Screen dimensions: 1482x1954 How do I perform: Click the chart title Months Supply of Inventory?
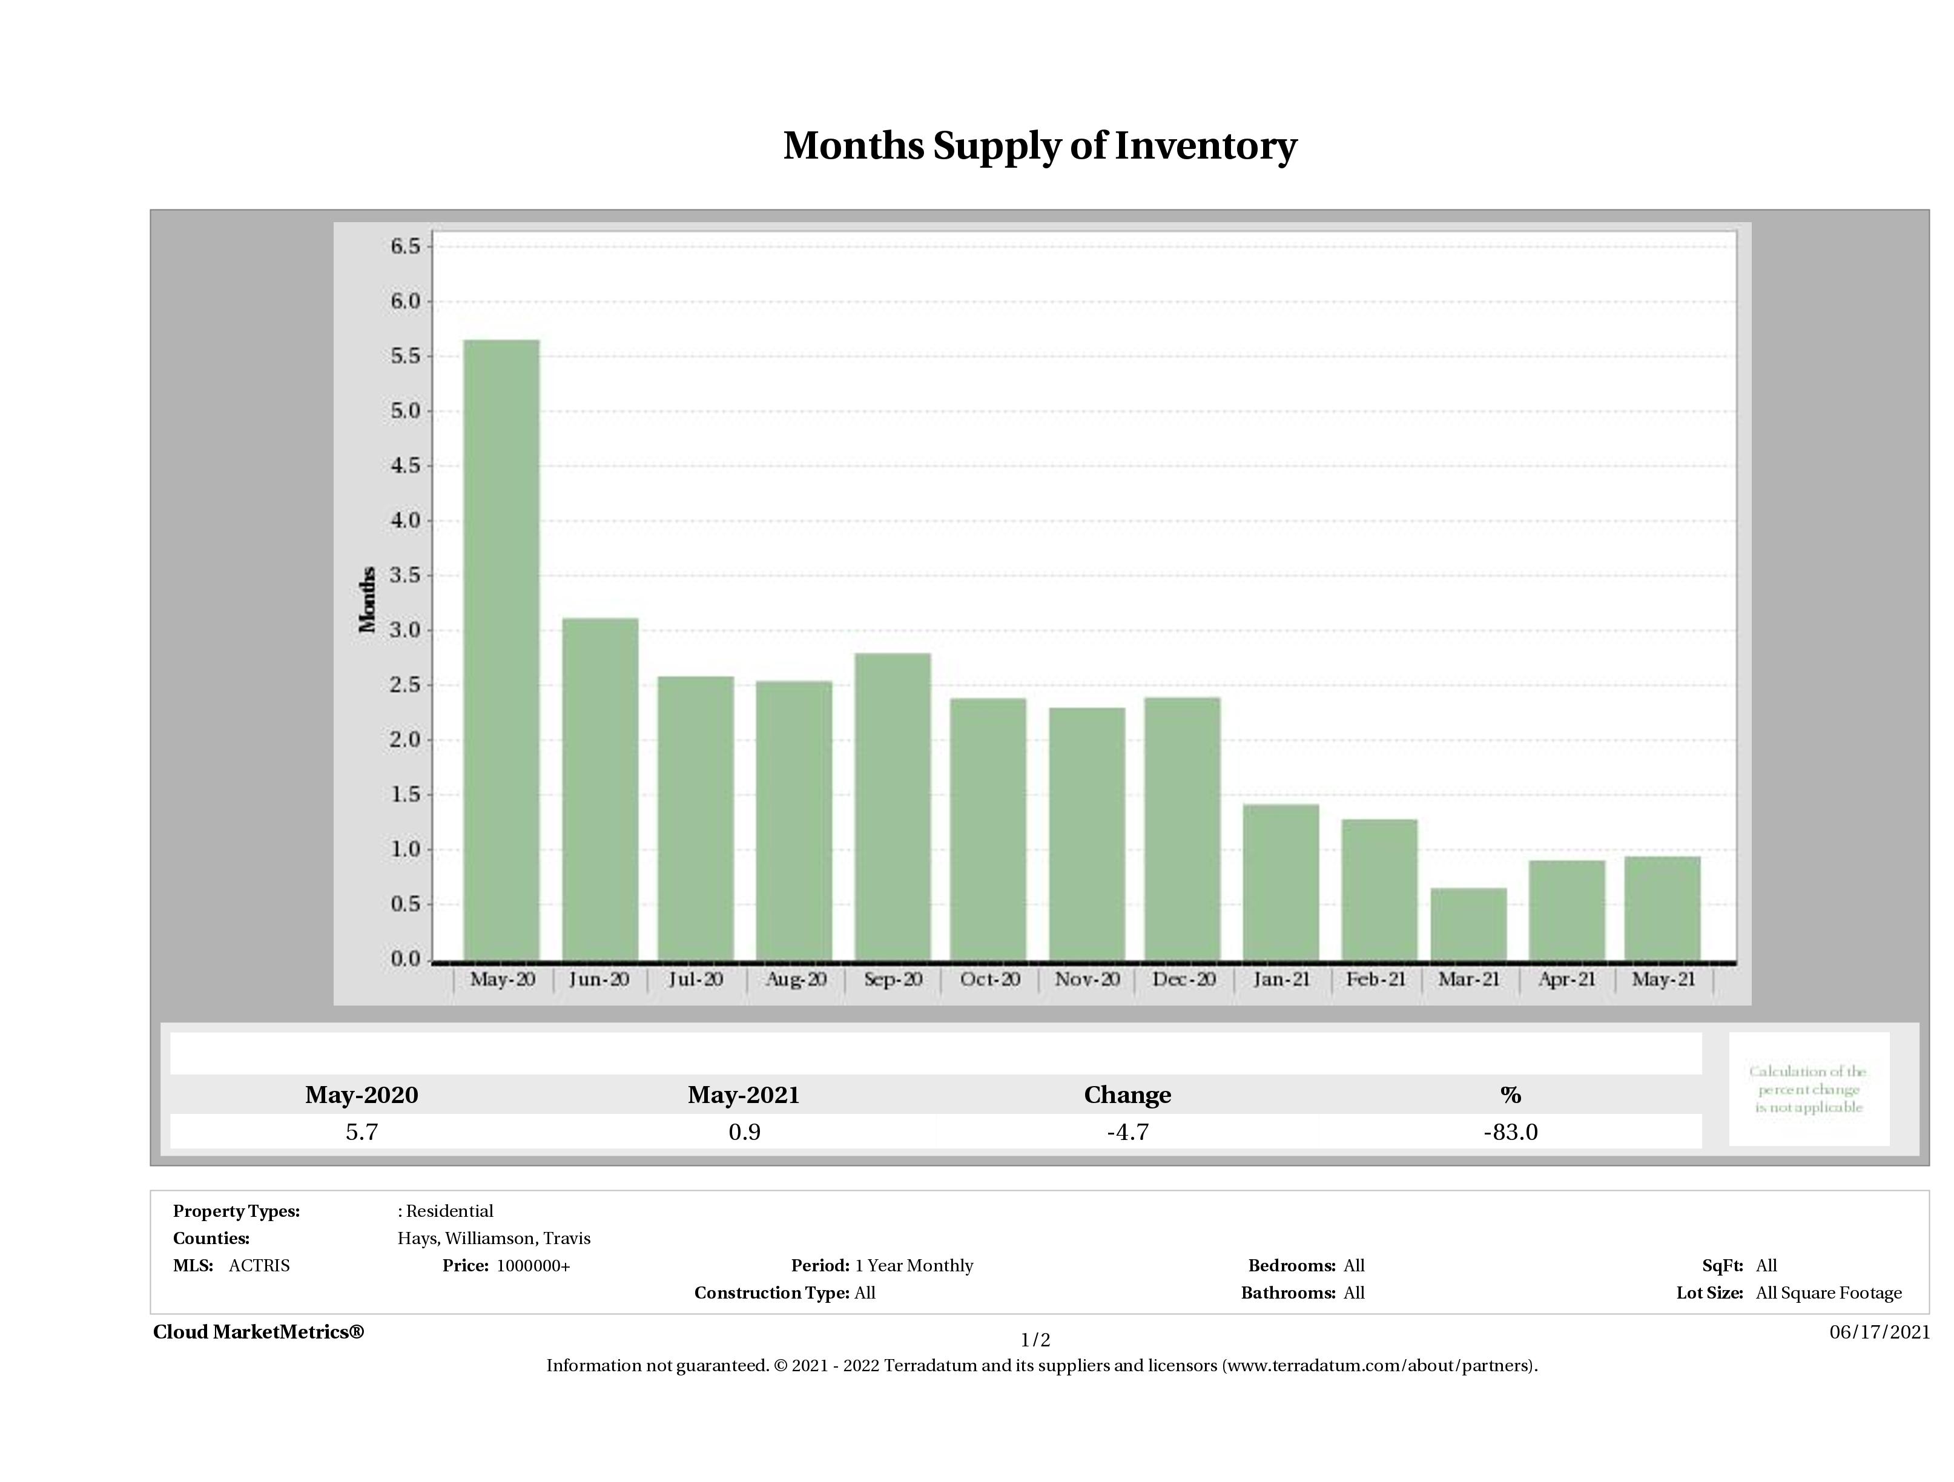click(1039, 146)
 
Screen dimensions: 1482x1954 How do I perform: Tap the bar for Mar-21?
click(1468, 924)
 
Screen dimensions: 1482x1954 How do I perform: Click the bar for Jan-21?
click(1280, 881)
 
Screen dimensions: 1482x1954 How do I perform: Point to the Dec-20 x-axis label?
click(1184, 980)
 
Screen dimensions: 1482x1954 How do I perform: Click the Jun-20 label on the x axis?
click(599, 980)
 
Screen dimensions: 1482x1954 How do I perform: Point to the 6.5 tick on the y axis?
click(406, 246)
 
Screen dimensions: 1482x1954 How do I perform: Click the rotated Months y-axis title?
click(368, 600)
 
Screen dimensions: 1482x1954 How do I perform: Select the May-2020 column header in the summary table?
click(361, 1095)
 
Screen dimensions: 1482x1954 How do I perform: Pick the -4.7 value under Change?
click(1127, 1132)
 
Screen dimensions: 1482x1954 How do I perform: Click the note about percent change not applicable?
click(1808, 1089)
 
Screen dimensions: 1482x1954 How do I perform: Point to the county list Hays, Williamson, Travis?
click(494, 1238)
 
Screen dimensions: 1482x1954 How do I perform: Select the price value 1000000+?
click(533, 1266)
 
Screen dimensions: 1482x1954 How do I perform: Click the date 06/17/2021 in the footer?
click(1879, 1332)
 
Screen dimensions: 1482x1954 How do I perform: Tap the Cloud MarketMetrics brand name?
click(258, 1332)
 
